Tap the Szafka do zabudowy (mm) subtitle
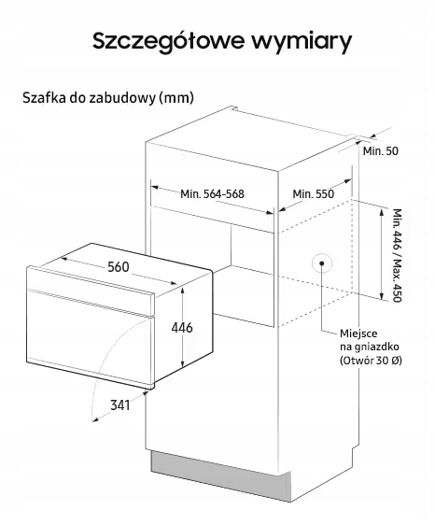108,98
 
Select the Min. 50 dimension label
381,151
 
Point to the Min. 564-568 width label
212,194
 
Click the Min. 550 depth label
314,194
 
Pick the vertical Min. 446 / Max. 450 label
397,255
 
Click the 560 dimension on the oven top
119,267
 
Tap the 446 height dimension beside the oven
182,328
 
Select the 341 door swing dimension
120,405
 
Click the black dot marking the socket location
321,263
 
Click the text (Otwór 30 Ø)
371,361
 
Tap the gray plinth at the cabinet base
221,475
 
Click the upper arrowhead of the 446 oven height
182,290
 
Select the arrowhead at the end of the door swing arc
94,419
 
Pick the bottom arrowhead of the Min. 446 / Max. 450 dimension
381,295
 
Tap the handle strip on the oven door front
91,303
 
